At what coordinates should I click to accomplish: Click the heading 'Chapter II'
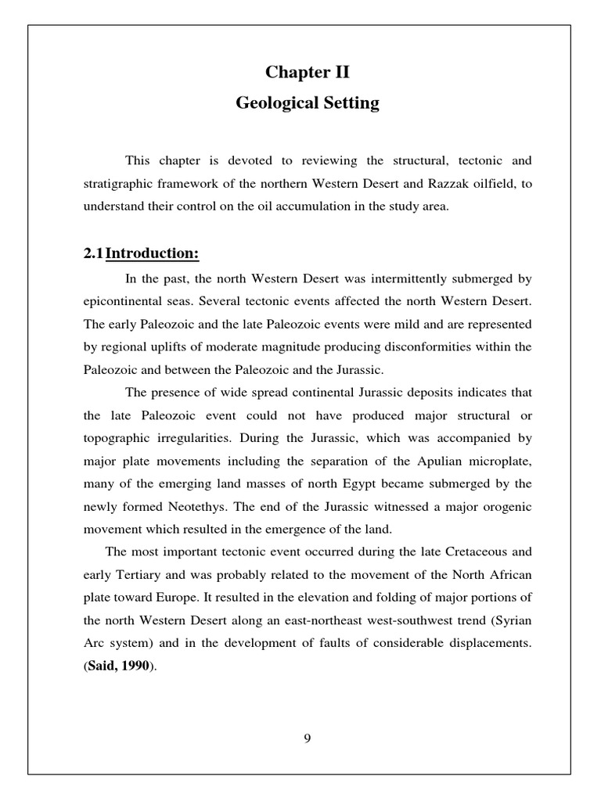click(307, 74)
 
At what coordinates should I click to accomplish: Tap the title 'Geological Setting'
click(307, 103)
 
